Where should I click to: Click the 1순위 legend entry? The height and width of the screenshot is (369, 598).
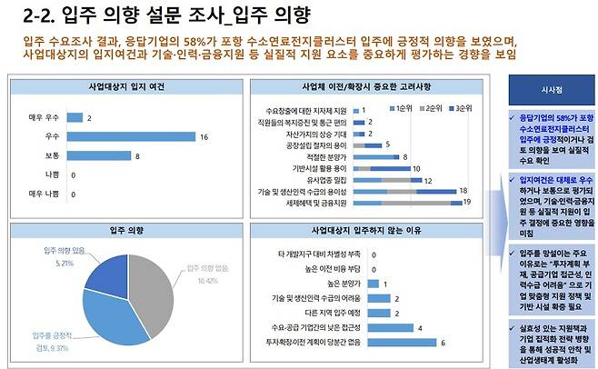(400, 108)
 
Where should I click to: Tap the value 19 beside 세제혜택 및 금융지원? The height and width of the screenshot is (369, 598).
(467, 202)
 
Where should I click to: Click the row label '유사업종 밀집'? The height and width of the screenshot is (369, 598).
(323, 179)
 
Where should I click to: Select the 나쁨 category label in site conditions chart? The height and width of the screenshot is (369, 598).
(53, 175)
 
